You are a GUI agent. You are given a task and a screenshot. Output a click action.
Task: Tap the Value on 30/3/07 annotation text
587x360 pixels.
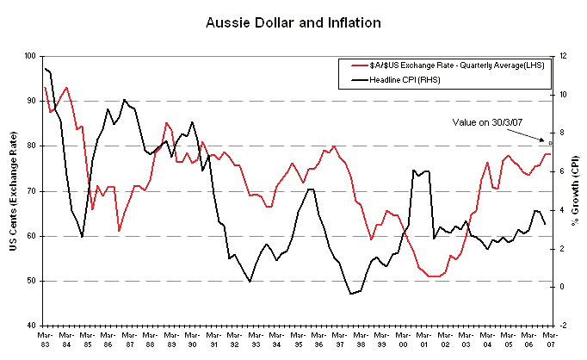click(x=488, y=122)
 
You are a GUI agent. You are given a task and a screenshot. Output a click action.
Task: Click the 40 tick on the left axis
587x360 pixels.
click(x=31, y=326)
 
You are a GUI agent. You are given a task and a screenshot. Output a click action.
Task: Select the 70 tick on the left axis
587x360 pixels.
click(x=31, y=191)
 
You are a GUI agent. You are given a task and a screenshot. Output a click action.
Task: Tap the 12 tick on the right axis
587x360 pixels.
click(x=561, y=56)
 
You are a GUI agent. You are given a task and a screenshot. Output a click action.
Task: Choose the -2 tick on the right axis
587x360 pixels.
click(x=561, y=326)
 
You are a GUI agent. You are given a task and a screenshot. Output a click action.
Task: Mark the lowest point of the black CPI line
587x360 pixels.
click(x=351, y=294)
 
